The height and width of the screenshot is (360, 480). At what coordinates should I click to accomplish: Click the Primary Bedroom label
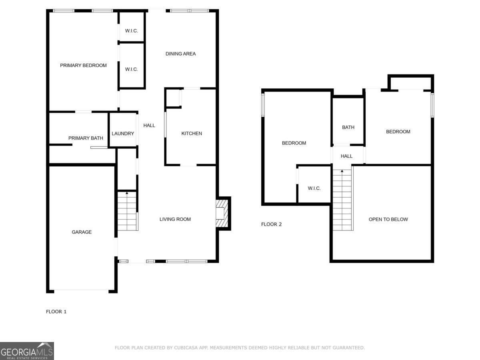click(83, 65)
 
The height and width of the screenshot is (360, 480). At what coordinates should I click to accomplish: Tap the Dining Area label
click(180, 54)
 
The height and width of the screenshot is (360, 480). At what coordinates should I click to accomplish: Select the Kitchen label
click(192, 133)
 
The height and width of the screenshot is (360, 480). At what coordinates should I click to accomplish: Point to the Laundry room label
click(123, 133)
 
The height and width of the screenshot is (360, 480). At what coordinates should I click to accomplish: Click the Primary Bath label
click(86, 138)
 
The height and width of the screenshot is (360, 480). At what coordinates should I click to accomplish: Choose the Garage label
click(82, 232)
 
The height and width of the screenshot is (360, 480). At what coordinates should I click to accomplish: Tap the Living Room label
click(175, 219)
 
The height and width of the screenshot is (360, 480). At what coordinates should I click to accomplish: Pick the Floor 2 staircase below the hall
click(342, 200)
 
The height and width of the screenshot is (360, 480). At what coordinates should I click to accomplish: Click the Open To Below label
click(388, 219)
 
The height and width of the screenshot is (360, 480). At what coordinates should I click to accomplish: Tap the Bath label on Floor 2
click(348, 127)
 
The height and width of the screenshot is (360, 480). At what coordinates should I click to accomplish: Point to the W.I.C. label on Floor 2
click(314, 188)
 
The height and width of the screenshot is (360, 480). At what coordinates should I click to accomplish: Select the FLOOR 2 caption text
click(271, 224)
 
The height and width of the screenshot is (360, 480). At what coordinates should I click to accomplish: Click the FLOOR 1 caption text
click(56, 311)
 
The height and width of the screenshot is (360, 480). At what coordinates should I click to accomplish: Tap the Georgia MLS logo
click(27, 351)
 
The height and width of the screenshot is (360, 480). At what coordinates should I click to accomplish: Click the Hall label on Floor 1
click(149, 125)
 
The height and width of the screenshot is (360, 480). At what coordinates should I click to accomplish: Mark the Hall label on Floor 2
click(346, 156)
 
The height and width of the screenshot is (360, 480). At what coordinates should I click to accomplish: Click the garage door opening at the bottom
click(81, 290)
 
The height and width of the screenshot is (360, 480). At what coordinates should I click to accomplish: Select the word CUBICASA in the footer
click(187, 348)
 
